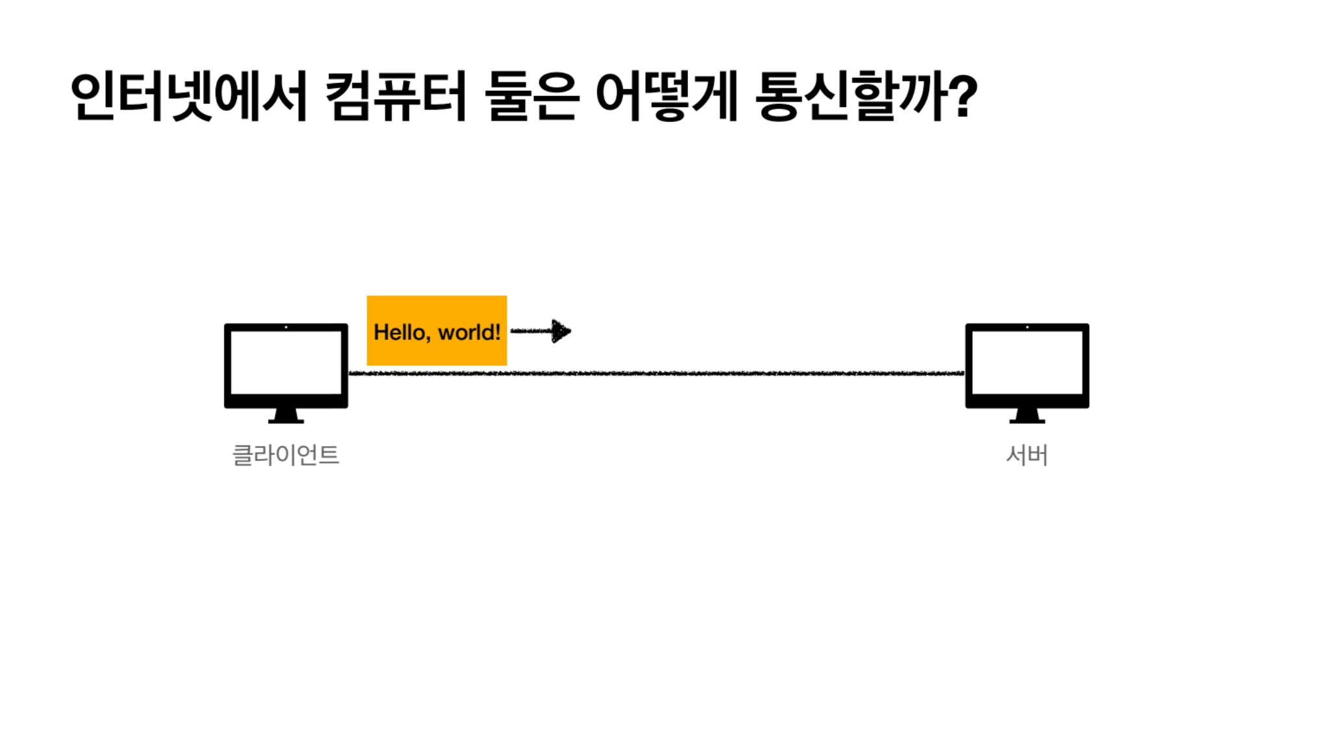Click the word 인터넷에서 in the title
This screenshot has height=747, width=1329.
pyautogui.click(x=188, y=97)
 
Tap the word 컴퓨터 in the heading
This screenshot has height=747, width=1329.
pyautogui.click(x=395, y=97)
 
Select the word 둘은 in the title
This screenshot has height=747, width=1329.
pyautogui.click(x=531, y=97)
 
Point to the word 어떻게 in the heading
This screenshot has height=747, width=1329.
pyautogui.click(x=666, y=97)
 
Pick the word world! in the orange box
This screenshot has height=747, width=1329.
pyautogui.click(x=469, y=332)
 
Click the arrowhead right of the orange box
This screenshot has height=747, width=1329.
pyautogui.click(x=561, y=331)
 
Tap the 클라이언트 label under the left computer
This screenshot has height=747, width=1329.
pyautogui.click(x=286, y=455)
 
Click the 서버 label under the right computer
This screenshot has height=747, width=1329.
pyautogui.click(x=1027, y=455)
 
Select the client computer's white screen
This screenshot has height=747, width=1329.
pyautogui.click(x=286, y=362)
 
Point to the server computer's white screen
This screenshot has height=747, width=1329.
pyautogui.click(x=1027, y=362)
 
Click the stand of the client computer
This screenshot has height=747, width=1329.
pyautogui.click(x=286, y=416)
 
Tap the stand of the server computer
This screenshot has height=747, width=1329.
pyautogui.click(x=1027, y=416)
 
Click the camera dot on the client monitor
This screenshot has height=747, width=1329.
pyautogui.click(x=286, y=327)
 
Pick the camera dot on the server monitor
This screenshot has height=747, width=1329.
pyautogui.click(x=1027, y=327)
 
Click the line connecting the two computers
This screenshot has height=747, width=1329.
pyautogui.click(x=655, y=373)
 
